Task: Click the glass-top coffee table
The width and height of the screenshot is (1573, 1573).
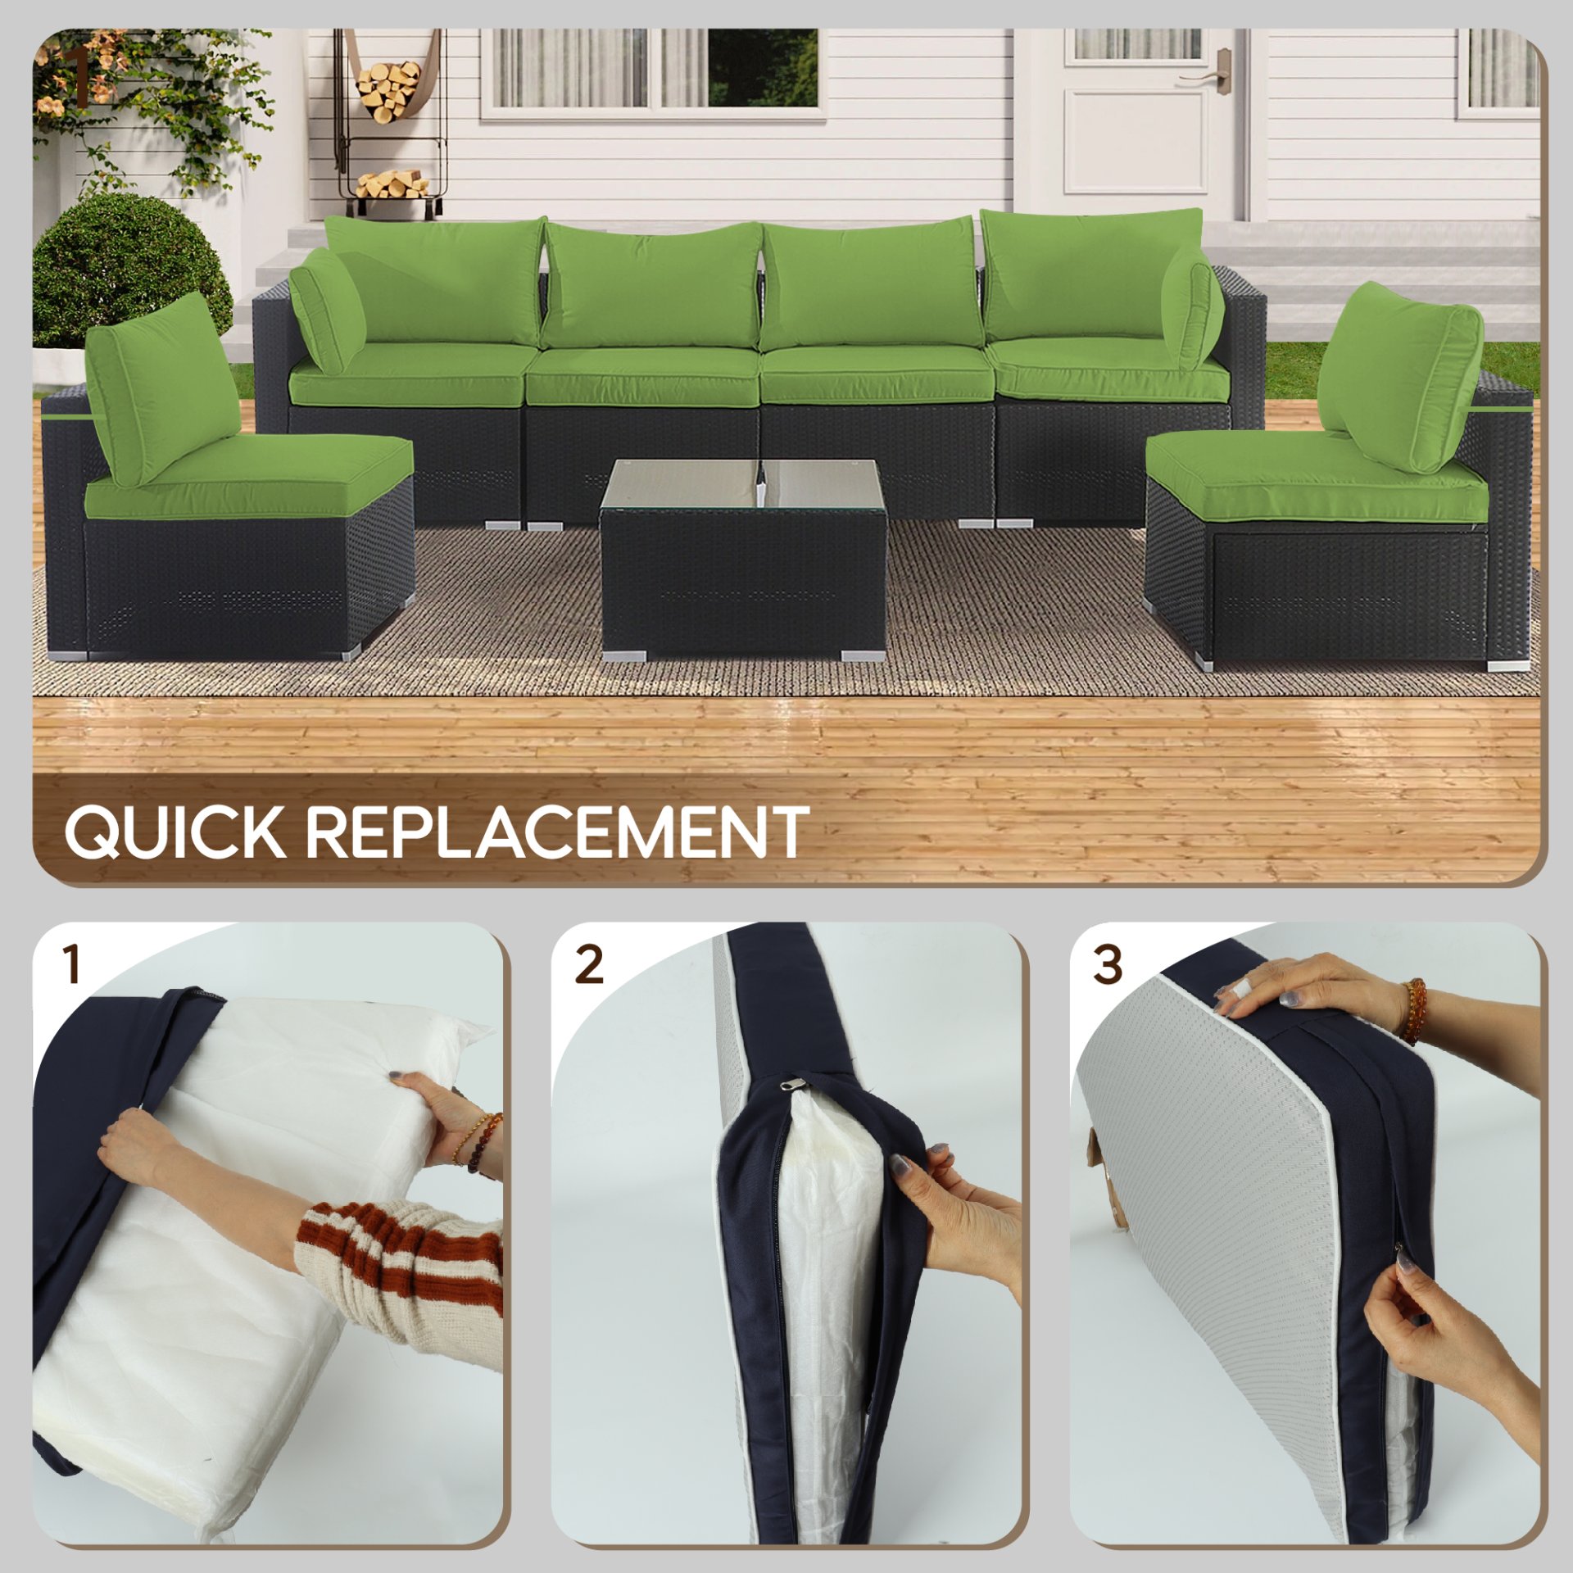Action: pyautogui.click(x=743, y=557)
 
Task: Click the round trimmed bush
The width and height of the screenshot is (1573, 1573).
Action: pyautogui.click(x=131, y=270)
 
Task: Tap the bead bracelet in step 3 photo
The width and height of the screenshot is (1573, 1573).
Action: pyautogui.click(x=1414, y=1011)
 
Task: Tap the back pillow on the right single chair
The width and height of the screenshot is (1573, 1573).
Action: pyautogui.click(x=1401, y=377)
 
